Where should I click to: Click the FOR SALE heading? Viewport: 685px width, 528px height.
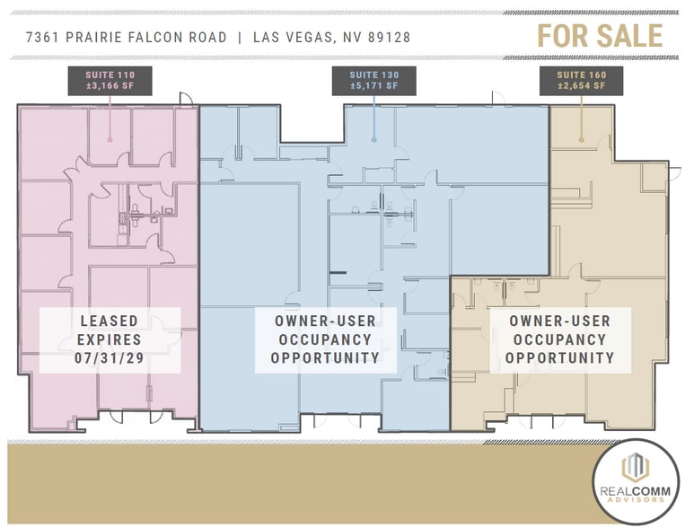tap(600, 35)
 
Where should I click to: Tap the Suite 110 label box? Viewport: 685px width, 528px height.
tap(110, 81)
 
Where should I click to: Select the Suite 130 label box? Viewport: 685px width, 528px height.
tap(373, 81)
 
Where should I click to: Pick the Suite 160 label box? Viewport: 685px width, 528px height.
tap(581, 81)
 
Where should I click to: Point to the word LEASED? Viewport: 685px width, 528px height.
tap(110, 321)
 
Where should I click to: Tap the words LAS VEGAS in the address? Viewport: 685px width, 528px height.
tap(294, 38)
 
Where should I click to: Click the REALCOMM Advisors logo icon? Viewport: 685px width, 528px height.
tap(637, 468)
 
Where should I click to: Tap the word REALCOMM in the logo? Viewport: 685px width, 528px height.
tap(637, 491)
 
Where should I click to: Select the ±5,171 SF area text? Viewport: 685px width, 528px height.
tap(373, 86)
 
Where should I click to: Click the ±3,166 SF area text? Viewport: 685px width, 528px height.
tap(110, 86)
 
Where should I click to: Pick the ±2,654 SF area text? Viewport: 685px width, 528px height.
tap(581, 86)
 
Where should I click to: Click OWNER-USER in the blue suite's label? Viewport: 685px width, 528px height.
tap(326, 321)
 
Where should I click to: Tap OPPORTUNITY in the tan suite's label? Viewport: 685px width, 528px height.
tap(559, 358)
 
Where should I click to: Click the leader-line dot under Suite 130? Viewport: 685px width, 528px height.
tap(373, 140)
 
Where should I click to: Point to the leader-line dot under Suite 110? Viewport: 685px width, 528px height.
tap(110, 140)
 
